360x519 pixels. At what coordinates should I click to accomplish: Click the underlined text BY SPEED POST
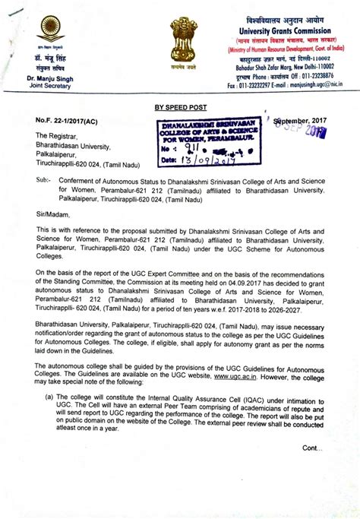coord(180,109)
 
